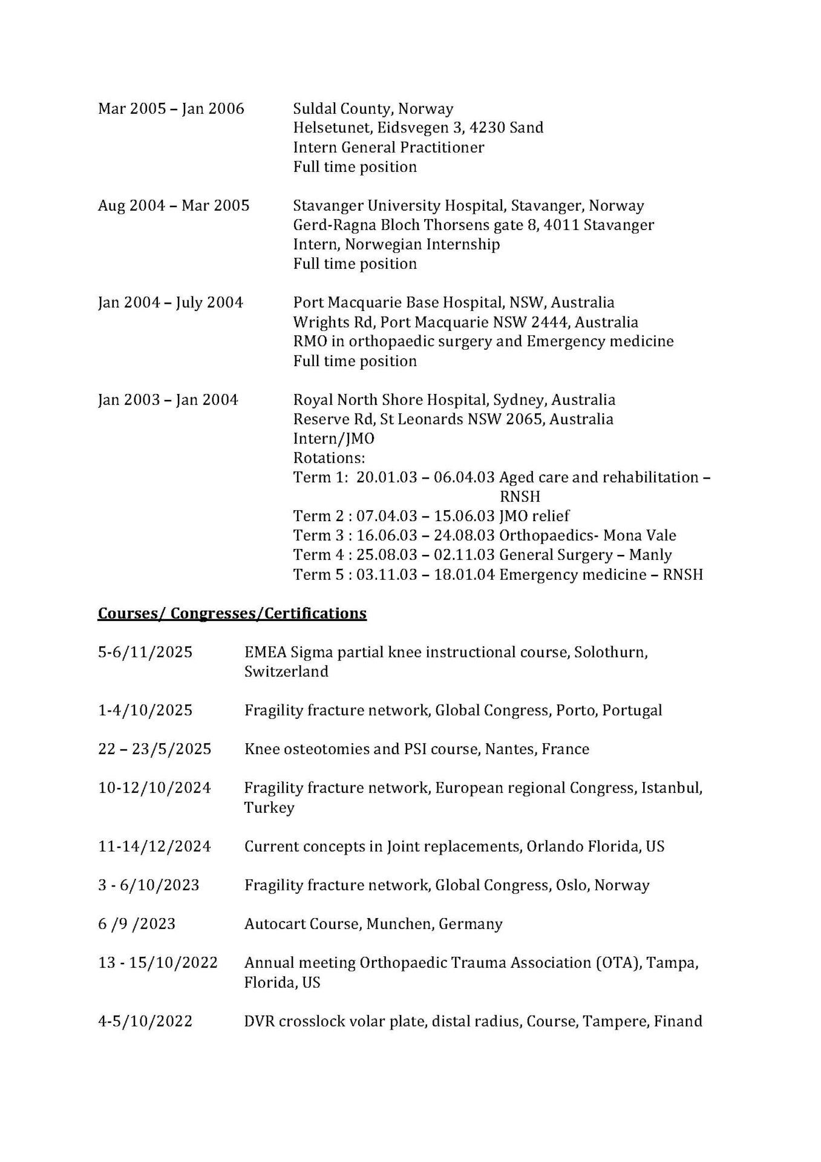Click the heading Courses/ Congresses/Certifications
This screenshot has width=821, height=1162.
232,613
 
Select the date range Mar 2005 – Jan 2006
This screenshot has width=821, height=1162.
171,109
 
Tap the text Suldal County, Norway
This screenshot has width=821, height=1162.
373,109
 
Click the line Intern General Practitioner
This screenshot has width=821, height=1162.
388,148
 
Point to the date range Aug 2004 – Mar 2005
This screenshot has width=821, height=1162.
174,206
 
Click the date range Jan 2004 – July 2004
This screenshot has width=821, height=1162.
171,303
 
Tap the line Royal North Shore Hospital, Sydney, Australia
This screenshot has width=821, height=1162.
454,400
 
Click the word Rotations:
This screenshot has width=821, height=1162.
329,458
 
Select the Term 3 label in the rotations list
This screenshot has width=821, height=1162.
316,536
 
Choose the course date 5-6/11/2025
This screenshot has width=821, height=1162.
145,652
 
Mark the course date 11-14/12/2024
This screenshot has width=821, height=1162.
154,846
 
